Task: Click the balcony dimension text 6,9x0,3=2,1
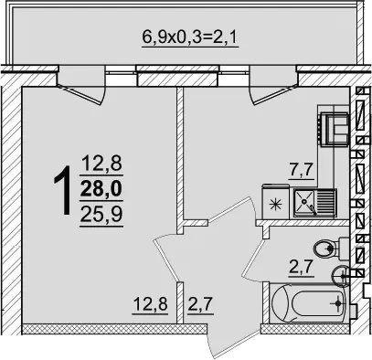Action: pos(190,37)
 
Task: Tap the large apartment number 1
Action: pos(63,190)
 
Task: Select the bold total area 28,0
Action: pos(101,188)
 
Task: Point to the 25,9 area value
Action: pos(101,214)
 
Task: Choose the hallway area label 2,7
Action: pos(200,304)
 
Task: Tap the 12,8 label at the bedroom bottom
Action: pos(150,303)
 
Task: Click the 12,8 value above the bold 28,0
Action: pos(101,163)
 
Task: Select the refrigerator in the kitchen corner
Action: pos(334,128)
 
